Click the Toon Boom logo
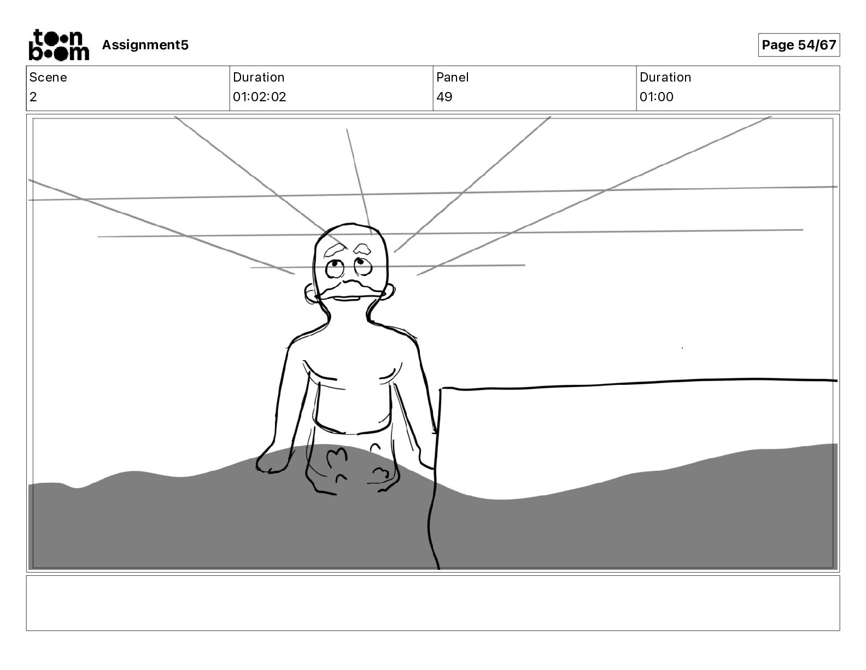click(58, 45)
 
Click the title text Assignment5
click(145, 45)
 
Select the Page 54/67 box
click(799, 45)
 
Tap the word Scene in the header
click(48, 77)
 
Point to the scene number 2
click(33, 97)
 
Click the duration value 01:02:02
click(259, 97)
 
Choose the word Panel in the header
click(452, 77)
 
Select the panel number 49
click(444, 97)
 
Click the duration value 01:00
click(656, 97)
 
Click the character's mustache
click(350, 288)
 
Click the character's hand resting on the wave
click(272, 463)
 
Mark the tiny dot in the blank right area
click(682, 348)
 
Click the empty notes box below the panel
click(432, 603)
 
